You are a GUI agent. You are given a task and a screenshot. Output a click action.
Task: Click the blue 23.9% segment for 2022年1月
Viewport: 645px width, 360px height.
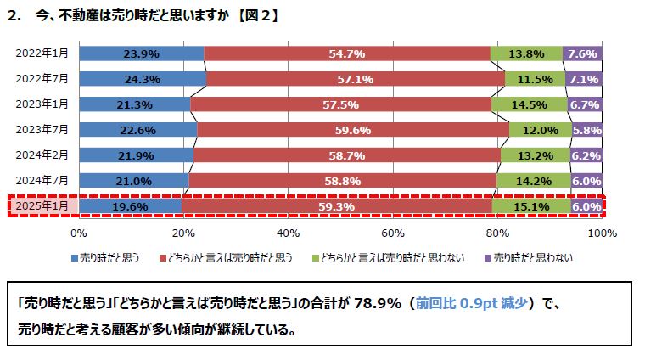[141, 53]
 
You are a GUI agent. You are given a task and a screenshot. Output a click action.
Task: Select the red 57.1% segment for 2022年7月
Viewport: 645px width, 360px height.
[356, 79]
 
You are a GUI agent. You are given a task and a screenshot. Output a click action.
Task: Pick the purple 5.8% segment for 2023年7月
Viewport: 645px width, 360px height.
[587, 130]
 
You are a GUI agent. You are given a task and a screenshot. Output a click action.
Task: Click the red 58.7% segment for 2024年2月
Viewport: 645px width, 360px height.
[346, 155]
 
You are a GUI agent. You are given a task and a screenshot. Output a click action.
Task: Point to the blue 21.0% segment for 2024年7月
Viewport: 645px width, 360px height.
[133, 181]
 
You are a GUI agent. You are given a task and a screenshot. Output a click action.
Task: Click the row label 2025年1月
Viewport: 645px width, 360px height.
[42, 206]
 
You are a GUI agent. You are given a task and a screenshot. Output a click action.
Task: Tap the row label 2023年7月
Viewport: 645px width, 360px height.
[42, 130]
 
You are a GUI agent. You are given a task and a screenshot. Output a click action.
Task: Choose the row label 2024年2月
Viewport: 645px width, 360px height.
[42, 155]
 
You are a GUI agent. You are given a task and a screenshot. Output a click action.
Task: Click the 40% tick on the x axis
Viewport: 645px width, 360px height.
[289, 233]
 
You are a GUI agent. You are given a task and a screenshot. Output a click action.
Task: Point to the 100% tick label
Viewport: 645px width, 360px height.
[601, 233]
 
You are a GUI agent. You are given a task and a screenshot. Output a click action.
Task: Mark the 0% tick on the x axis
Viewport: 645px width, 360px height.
[79, 233]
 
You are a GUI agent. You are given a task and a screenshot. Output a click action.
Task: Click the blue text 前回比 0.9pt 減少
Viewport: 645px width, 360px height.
[474, 304]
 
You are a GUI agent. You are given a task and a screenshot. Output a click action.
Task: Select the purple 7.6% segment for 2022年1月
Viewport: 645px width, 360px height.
[583, 53]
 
